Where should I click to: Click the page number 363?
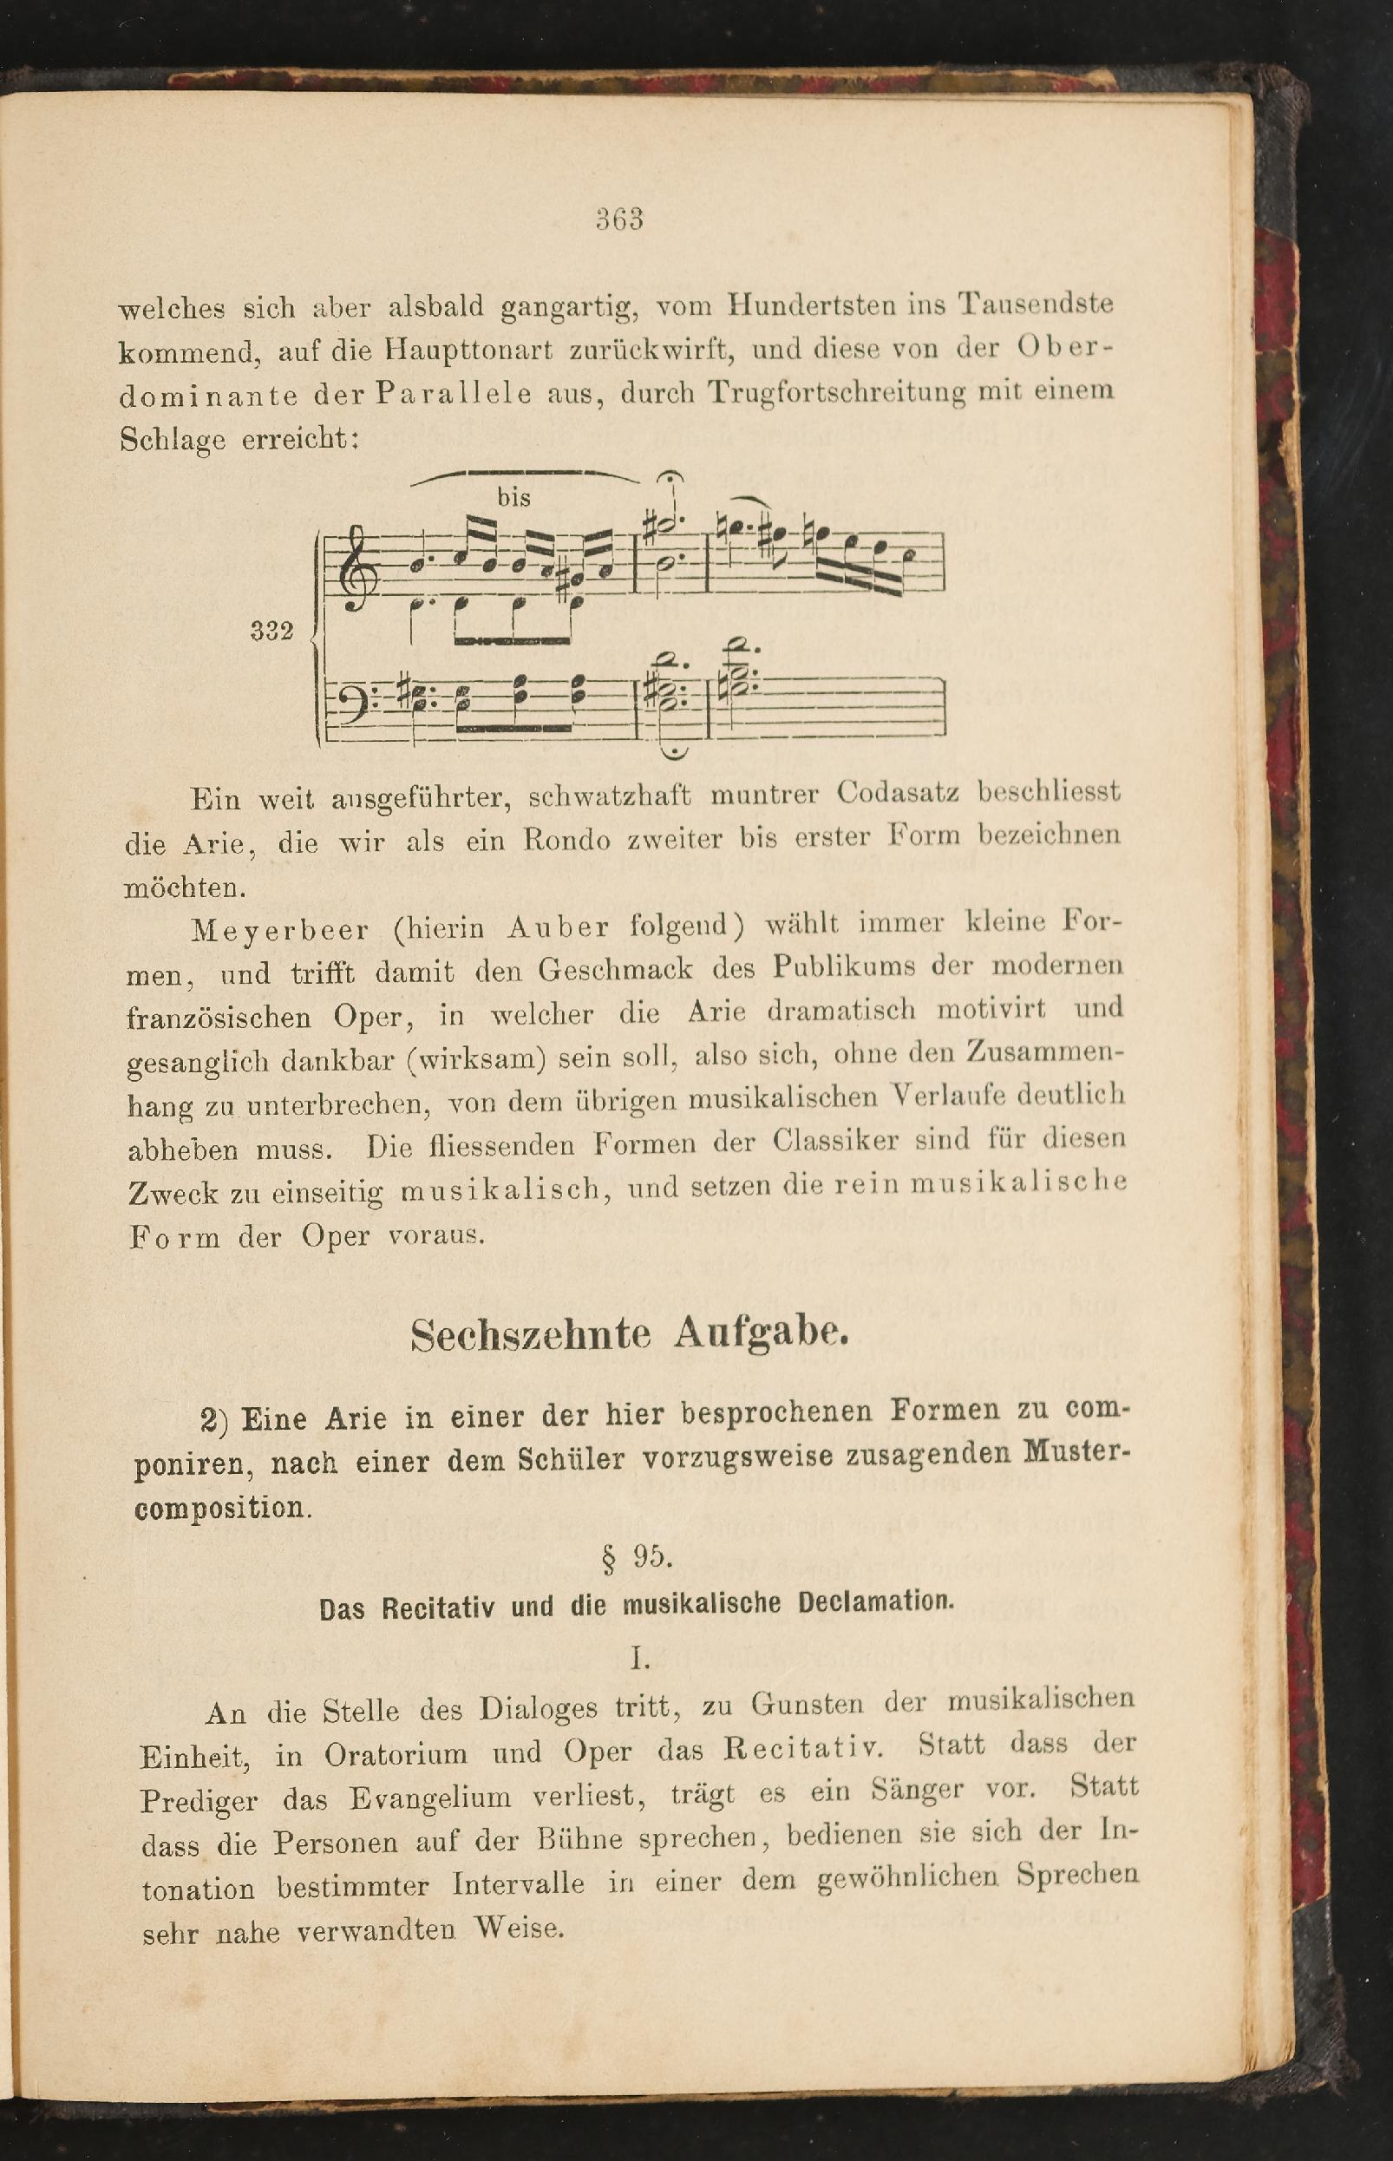coord(619,219)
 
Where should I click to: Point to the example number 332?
coord(272,632)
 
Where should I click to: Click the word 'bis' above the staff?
coord(513,497)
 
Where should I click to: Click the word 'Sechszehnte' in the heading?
coord(531,1335)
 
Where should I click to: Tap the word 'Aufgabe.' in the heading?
coord(762,1332)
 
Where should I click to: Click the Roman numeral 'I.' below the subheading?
coord(640,1658)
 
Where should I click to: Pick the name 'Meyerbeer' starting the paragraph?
coord(280,930)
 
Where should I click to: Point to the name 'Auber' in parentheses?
coord(558,927)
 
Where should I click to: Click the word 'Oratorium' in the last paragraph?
coord(396,1754)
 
